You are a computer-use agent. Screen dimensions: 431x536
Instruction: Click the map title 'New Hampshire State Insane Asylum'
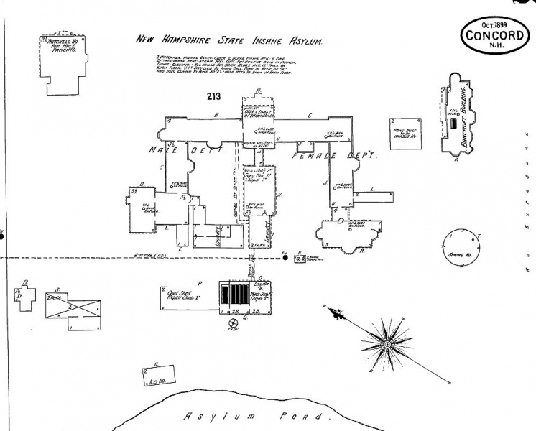(x=229, y=42)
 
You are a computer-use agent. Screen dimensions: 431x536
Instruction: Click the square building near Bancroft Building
(x=405, y=132)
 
